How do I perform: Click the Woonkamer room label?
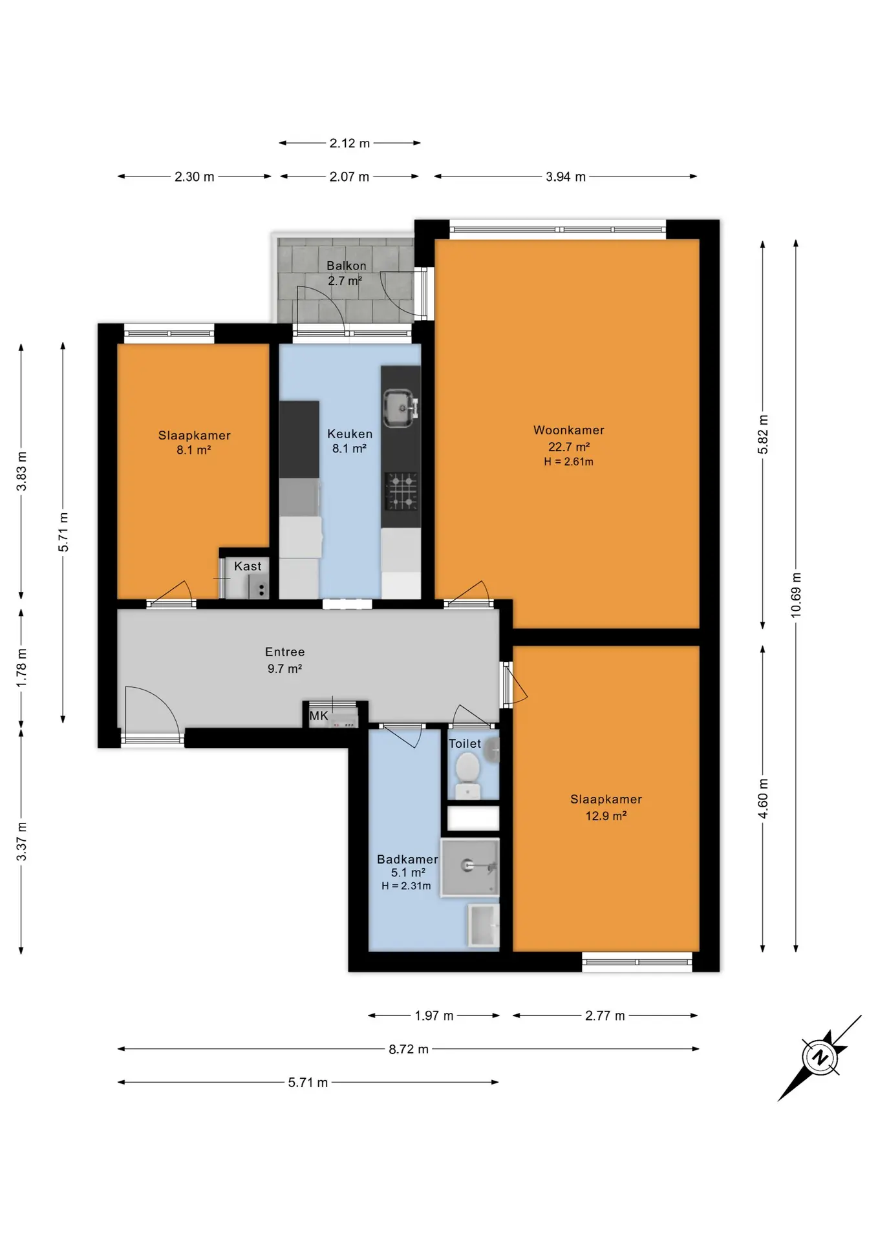(x=568, y=430)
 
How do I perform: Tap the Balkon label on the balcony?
(x=346, y=266)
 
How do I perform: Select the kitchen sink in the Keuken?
(x=401, y=408)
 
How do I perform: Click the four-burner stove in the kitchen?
(x=402, y=491)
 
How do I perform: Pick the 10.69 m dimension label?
(x=796, y=595)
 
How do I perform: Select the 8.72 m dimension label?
(x=409, y=1049)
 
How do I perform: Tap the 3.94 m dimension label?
(x=566, y=176)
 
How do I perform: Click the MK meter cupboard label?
(x=319, y=716)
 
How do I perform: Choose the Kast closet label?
(x=248, y=566)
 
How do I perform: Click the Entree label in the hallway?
(x=284, y=652)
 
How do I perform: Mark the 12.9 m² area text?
(x=606, y=816)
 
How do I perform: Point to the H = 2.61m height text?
(x=568, y=461)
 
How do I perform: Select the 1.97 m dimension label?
(x=434, y=1015)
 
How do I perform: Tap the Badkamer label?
(x=407, y=859)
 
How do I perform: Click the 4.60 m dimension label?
(x=763, y=799)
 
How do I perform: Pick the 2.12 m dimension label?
(x=350, y=143)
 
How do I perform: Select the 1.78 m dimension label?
(x=21, y=668)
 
